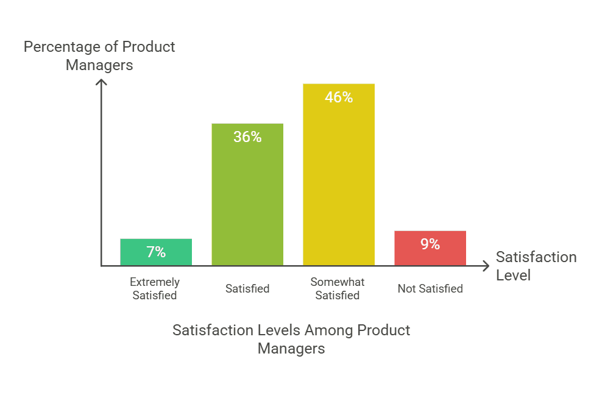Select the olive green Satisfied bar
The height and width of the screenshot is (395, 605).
[x=247, y=194]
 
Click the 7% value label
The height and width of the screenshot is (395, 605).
[x=156, y=252]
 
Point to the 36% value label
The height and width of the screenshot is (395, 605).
[x=247, y=137]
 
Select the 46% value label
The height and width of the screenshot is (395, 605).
[x=339, y=97]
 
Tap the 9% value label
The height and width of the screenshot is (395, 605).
[x=430, y=244]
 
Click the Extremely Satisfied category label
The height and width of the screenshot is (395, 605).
[x=155, y=289]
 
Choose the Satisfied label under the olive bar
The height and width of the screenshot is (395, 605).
[x=247, y=288]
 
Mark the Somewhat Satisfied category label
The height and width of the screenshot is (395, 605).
[x=338, y=289]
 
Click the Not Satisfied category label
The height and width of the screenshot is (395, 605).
[x=430, y=288]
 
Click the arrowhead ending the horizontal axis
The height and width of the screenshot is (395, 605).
[x=485, y=266]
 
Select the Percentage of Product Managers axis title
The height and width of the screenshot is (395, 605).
[x=99, y=55]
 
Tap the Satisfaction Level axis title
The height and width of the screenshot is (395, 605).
[x=536, y=266]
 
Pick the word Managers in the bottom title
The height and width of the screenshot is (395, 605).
[x=291, y=349]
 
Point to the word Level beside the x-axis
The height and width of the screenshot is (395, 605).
[x=513, y=276]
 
